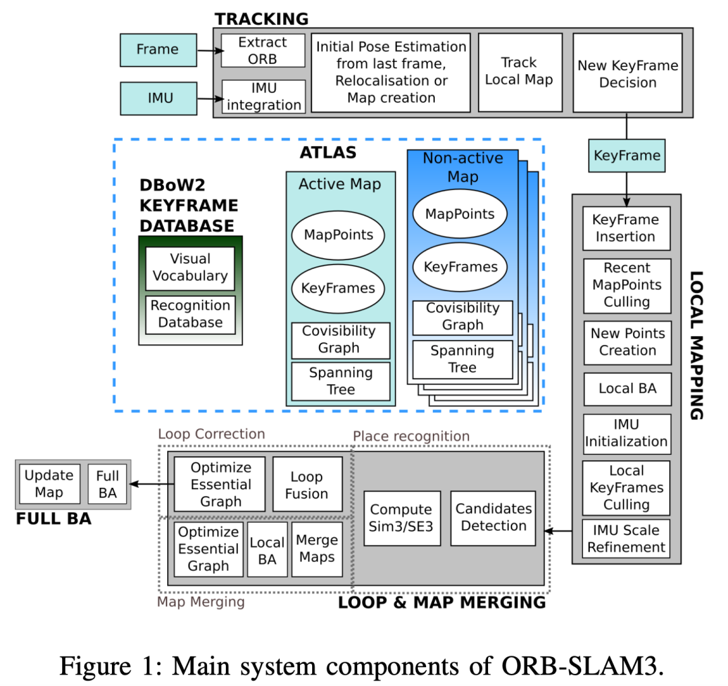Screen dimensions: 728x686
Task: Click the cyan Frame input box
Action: tap(158, 50)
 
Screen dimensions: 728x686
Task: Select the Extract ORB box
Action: tap(263, 51)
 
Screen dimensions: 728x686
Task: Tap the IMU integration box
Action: tap(264, 96)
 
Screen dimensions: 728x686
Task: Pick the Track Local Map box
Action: tap(520, 72)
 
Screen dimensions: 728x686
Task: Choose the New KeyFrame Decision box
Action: tap(628, 73)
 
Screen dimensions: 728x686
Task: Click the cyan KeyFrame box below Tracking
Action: tap(627, 156)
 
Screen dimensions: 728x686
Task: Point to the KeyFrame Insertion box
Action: tap(626, 228)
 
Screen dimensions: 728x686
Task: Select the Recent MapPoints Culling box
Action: tap(627, 286)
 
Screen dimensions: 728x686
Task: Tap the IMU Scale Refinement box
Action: tap(626, 538)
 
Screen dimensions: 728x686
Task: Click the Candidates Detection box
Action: tap(493, 518)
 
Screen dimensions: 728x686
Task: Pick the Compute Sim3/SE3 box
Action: tap(402, 518)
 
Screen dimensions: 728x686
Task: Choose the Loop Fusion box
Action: tap(307, 484)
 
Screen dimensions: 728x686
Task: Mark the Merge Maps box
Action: tap(317, 549)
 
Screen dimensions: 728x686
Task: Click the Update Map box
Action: tap(50, 484)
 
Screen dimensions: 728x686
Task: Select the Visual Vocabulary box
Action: tap(190, 268)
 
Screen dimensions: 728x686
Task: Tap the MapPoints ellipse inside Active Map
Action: tap(338, 235)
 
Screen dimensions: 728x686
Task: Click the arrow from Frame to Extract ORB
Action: tap(210, 51)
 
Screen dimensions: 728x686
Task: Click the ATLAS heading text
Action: tap(328, 153)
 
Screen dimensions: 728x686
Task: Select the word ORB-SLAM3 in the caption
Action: tap(580, 666)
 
